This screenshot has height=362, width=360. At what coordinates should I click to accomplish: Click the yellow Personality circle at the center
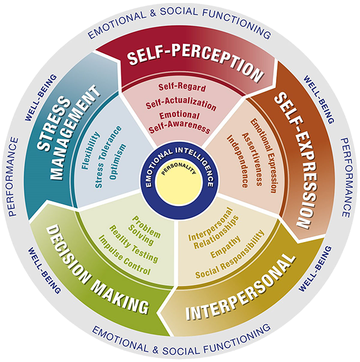[x=178, y=183]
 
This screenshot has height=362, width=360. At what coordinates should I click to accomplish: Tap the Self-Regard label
[x=182, y=87]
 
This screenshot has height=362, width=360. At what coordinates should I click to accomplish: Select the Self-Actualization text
[x=181, y=105]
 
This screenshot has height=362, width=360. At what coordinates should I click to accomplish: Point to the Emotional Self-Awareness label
[x=179, y=122]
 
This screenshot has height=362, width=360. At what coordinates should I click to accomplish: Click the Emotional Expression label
[x=264, y=155]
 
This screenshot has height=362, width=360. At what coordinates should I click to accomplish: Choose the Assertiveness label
[x=252, y=159]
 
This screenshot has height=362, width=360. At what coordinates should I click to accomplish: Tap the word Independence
[x=238, y=161]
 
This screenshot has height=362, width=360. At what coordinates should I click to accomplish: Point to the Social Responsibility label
[x=230, y=254]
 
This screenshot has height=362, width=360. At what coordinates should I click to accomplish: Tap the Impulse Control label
[x=125, y=255]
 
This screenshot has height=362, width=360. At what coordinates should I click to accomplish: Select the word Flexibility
[x=91, y=151]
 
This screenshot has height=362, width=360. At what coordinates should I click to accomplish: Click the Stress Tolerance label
[x=108, y=157]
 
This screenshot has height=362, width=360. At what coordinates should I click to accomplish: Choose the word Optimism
[x=118, y=161]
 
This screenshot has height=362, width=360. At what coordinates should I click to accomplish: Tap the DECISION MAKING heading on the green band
[x=97, y=270]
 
